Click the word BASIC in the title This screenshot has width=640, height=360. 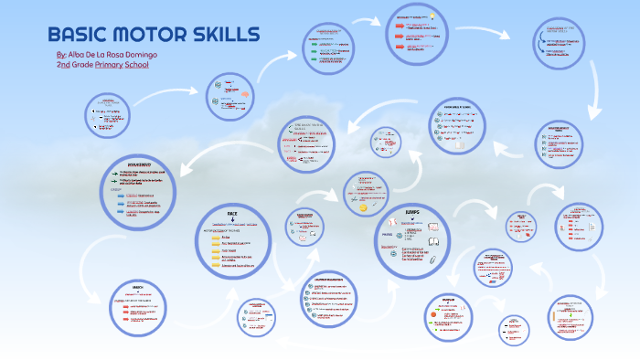(x=79, y=37)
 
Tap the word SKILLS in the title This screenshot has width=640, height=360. (x=225, y=37)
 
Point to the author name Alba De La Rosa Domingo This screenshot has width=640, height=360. (x=113, y=55)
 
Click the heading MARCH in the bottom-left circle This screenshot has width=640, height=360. (x=137, y=286)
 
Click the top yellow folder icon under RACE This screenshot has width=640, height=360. (x=217, y=237)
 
